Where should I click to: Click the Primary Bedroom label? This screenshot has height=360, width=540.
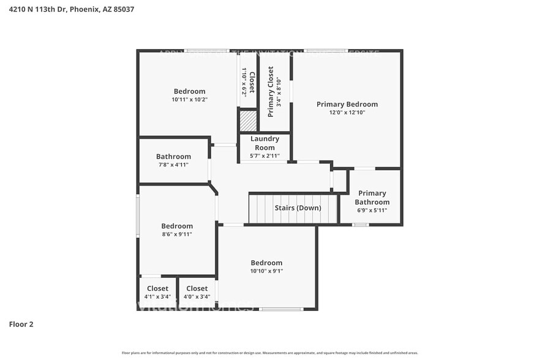click(x=347, y=104)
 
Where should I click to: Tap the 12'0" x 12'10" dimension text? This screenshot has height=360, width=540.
click(x=347, y=113)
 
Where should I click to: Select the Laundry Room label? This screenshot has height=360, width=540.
click(x=264, y=143)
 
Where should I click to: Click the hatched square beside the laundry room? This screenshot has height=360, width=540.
click(x=247, y=120)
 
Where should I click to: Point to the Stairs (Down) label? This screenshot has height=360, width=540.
click(x=298, y=208)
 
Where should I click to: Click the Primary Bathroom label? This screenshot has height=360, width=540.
click(x=372, y=198)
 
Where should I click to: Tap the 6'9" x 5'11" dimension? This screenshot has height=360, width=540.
click(x=372, y=211)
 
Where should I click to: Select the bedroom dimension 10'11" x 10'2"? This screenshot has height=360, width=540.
click(x=189, y=99)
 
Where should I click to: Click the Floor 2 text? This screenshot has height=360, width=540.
click(x=21, y=324)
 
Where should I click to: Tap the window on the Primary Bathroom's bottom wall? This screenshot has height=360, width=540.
click(x=361, y=225)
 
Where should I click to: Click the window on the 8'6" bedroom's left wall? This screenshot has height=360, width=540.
click(x=138, y=215)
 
